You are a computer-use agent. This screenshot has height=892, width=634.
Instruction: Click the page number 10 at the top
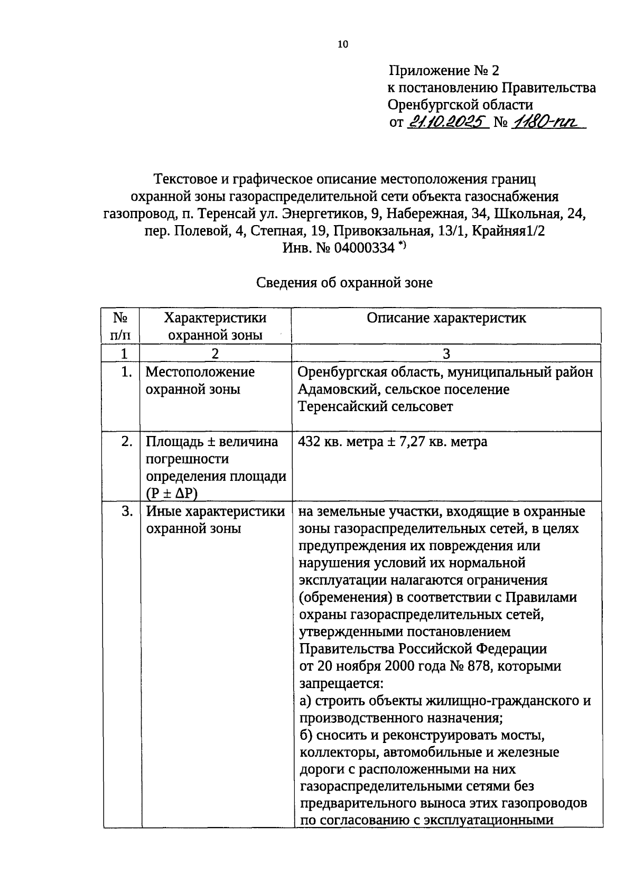pyautogui.click(x=343, y=44)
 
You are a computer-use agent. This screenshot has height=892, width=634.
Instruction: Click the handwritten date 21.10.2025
pyautogui.click(x=447, y=122)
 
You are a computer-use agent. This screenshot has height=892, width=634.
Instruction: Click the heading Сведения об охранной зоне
pyautogui.click(x=344, y=283)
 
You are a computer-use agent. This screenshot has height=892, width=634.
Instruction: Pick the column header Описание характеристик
pyautogui.click(x=446, y=318)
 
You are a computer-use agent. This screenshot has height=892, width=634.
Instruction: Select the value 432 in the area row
pyautogui.click(x=309, y=442)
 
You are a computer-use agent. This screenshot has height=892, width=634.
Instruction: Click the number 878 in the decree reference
pyautogui.click(x=479, y=666)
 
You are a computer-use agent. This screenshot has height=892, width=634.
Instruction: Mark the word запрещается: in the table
pyautogui.click(x=341, y=683)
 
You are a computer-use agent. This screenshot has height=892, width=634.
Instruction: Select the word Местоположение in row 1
pyautogui.click(x=200, y=372)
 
